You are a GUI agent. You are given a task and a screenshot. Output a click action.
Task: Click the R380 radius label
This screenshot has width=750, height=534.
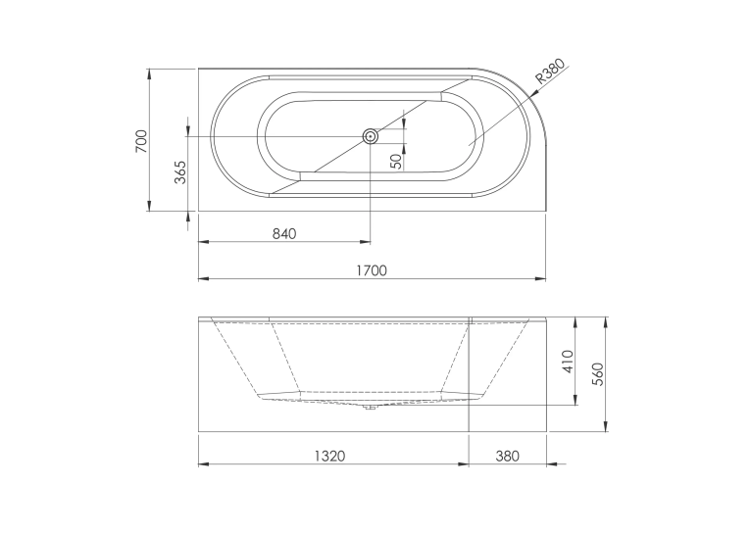pyautogui.click(x=550, y=71)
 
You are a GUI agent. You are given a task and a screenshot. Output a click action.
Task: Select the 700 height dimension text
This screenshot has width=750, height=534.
pyautogui.click(x=142, y=141)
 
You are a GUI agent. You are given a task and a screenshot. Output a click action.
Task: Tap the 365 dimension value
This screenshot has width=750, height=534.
pyautogui.click(x=179, y=172)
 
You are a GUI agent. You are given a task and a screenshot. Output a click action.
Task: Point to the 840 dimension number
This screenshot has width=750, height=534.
pyautogui.click(x=284, y=234)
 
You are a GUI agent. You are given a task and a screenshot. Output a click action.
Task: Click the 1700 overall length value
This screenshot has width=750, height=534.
pyautogui.click(x=372, y=270)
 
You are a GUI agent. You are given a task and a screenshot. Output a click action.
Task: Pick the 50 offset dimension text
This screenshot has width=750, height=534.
pyautogui.click(x=396, y=162)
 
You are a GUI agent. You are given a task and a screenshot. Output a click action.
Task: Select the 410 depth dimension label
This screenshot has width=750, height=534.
pyautogui.click(x=568, y=362)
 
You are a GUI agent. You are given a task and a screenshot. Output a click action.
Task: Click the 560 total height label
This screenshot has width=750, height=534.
pyautogui.click(x=598, y=374)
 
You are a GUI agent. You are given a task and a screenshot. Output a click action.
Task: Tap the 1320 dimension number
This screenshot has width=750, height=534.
pyautogui.click(x=329, y=456)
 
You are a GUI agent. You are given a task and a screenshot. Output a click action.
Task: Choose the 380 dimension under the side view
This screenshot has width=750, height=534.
pyautogui.click(x=507, y=456)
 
